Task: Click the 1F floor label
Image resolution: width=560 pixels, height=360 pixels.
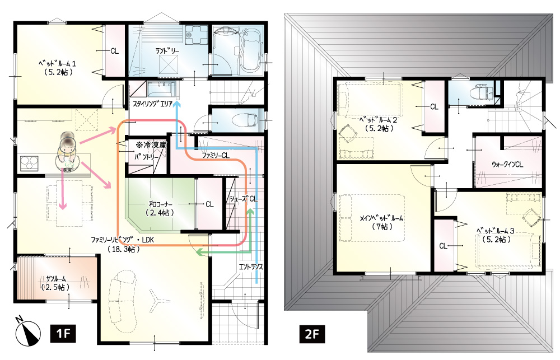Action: [63, 334]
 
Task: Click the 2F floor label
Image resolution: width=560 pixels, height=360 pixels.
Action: [312, 334]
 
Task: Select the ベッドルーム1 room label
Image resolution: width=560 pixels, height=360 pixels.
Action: [57, 68]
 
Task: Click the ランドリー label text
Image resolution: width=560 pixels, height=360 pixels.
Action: [167, 51]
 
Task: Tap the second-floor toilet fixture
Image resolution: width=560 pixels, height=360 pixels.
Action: [478, 93]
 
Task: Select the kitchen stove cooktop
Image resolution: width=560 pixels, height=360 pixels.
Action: [29, 163]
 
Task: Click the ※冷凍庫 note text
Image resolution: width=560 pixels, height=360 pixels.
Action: [150, 146]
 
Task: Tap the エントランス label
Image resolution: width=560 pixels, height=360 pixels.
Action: [251, 267]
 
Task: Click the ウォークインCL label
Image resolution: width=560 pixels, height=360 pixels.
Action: [507, 164]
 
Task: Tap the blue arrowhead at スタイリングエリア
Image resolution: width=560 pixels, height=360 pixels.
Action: [178, 104]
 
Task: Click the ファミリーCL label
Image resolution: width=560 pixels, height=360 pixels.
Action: [216, 156]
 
